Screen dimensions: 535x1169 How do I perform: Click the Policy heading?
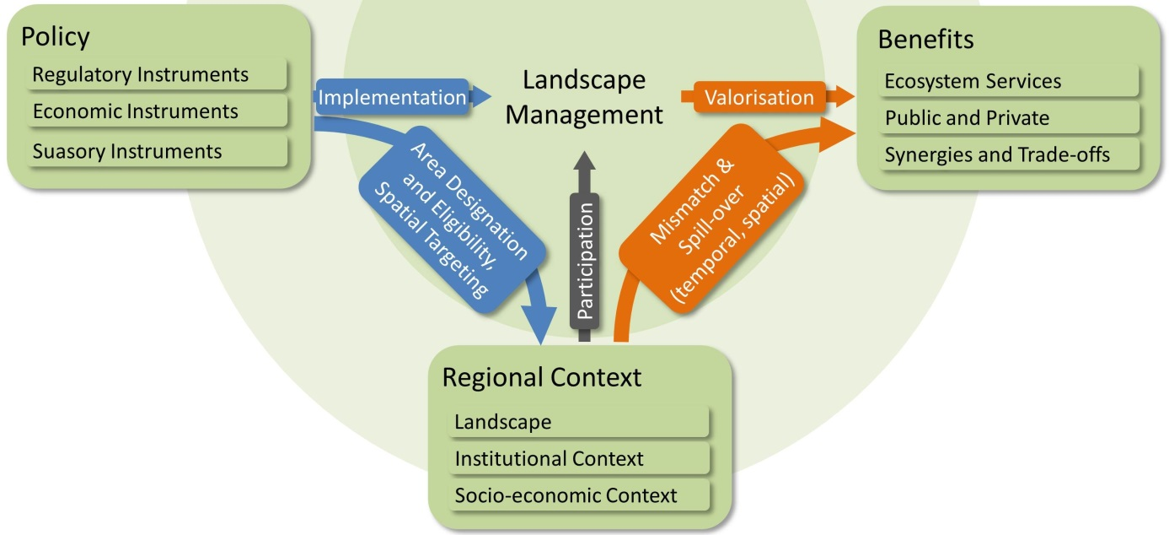click(56, 37)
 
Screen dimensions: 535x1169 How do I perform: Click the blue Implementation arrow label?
click(392, 98)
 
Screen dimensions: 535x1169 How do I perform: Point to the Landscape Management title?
click(584, 97)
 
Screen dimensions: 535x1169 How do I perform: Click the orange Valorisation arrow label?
click(759, 98)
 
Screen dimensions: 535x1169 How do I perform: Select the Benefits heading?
click(925, 39)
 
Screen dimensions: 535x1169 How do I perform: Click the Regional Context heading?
click(541, 377)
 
